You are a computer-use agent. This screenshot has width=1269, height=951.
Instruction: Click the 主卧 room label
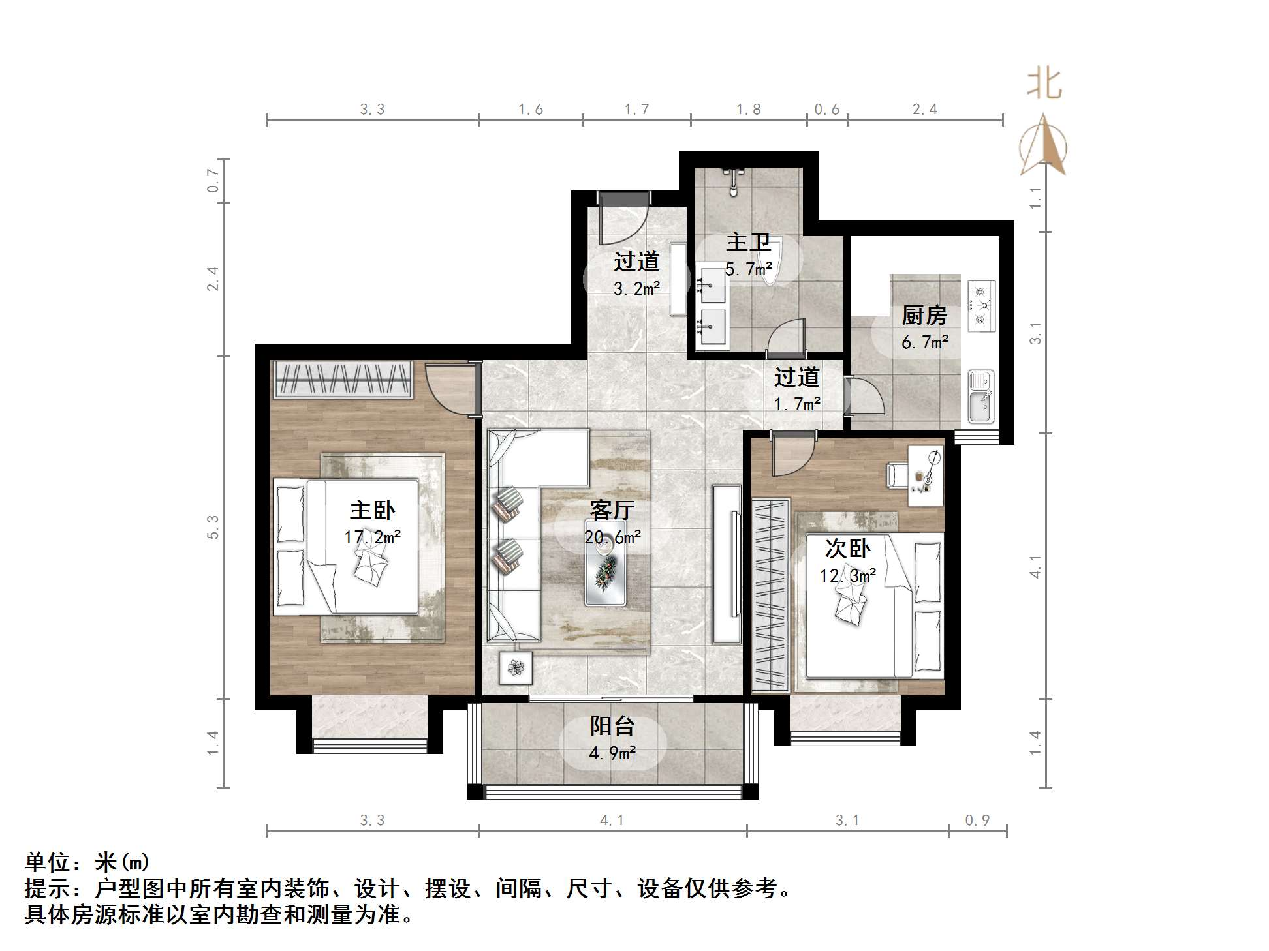click(x=372, y=510)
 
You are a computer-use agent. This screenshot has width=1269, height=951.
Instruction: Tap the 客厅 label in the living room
click(x=612, y=510)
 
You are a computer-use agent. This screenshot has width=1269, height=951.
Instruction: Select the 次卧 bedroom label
click(x=847, y=549)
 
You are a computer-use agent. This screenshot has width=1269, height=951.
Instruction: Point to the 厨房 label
click(x=924, y=316)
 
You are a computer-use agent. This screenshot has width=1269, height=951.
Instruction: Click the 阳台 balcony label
click(x=612, y=726)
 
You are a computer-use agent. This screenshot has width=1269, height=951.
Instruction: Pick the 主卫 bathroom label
click(x=748, y=243)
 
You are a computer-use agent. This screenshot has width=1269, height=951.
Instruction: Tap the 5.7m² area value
click(x=748, y=269)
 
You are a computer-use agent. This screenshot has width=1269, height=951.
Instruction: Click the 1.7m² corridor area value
click(x=797, y=404)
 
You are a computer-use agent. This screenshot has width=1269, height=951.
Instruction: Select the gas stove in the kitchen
click(x=980, y=305)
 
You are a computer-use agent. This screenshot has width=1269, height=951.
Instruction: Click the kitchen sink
click(x=980, y=397)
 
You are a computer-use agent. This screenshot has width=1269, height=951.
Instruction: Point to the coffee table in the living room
click(x=605, y=563)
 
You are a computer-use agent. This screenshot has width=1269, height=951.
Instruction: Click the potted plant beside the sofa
click(x=516, y=667)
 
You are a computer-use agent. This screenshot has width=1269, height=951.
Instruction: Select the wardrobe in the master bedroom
click(x=343, y=379)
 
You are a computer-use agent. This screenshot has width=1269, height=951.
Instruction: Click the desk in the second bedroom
click(x=926, y=475)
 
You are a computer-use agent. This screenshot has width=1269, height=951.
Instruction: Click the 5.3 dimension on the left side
click(x=213, y=527)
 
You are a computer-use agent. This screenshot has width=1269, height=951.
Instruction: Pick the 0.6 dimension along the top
click(x=826, y=110)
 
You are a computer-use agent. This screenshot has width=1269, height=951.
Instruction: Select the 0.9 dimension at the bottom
click(x=977, y=821)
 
